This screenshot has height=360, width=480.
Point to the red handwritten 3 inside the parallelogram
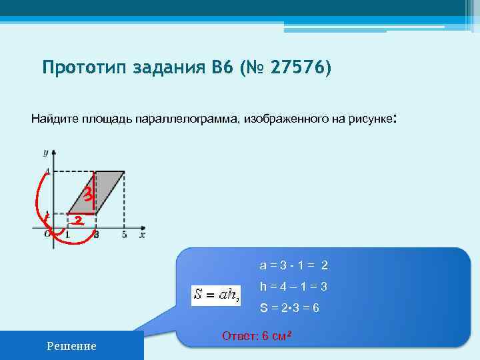pyautogui.click(x=86, y=194)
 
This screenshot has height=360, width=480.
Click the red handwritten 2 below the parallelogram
pyautogui.click(x=79, y=221)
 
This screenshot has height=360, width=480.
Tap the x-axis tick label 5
pyautogui.click(x=124, y=235)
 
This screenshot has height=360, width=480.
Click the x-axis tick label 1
pyautogui.click(x=69, y=235)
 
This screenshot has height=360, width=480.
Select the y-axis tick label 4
pyautogui.click(x=46, y=173)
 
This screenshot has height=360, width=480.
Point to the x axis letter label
pyautogui.click(x=142, y=234)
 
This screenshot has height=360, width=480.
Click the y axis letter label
pyautogui.click(x=46, y=153)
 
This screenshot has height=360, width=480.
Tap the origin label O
pyautogui.click(x=46, y=234)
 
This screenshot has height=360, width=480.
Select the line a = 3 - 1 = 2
pyautogui.click(x=293, y=265)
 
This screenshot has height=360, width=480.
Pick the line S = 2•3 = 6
pyautogui.click(x=289, y=309)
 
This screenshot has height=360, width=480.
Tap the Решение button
pyautogui.click(x=71, y=345)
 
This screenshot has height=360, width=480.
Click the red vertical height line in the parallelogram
pyautogui.click(x=94, y=193)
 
